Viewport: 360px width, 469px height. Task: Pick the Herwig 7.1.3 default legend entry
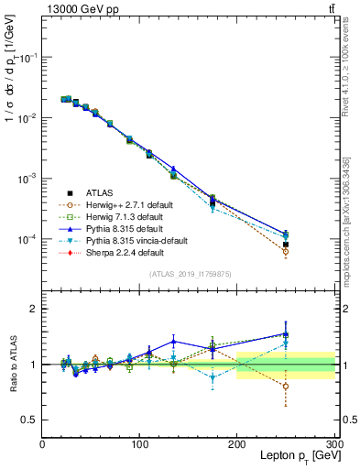coord(122,217)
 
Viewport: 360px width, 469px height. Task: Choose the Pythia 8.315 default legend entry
coord(120,229)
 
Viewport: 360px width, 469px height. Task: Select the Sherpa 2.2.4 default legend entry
coord(120,253)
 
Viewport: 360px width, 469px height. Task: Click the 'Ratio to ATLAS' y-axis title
coord(13,365)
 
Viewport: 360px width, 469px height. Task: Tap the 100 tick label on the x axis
coord(139,443)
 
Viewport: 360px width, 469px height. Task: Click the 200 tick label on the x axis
coord(237,443)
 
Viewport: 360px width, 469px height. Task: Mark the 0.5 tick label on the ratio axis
coord(30,420)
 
